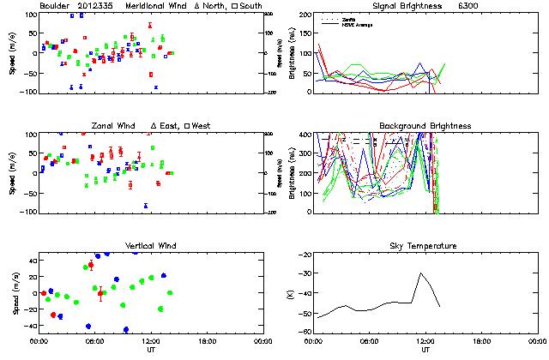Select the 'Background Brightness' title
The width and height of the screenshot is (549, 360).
[425, 126]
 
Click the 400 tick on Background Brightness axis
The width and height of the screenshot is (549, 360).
[301, 135]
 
